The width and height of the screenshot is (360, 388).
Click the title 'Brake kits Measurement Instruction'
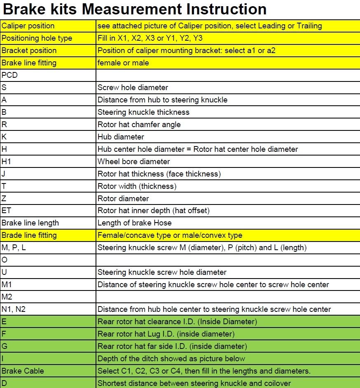pyautogui.click(x=134, y=9)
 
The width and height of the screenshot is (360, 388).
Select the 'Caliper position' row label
pyautogui.click(x=28, y=26)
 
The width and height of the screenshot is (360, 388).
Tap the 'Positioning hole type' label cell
pyautogui.click(x=37, y=38)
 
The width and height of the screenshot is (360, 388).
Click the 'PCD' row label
pyautogui.click(x=9, y=75)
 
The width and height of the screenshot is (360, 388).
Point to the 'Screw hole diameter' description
pyautogui.click(x=133, y=88)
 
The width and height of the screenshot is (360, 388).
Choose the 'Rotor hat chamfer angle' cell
pyautogui.click(x=139, y=124)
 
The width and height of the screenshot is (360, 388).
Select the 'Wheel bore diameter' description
pyautogui.click(x=133, y=161)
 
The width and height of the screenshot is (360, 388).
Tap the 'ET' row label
pyautogui.click(x=7, y=211)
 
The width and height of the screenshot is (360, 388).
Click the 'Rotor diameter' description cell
pyautogui.click(x=123, y=198)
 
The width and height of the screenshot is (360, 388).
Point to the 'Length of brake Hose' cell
pyautogui.click(x=134, y=223)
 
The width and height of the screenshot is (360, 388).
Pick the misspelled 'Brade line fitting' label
pyautogui.click(x=29, y=235)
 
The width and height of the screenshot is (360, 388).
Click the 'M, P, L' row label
pyautogui.click(x=14, y=248)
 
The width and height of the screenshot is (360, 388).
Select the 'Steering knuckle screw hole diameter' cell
pyautogui.click(x=162, y=272)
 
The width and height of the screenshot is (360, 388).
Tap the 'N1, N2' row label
pyautogui.click(x=14, y=309)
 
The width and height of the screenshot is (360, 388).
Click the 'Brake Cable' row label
pyautogui.click(x=23, y=371)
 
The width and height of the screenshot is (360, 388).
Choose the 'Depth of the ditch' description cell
pyautogui.click(x=171, y=358)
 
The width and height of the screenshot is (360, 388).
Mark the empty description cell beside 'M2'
pyautogui.click(x=228, y=297)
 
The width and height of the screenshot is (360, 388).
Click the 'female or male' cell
pyautogui.click(x=123, y=63)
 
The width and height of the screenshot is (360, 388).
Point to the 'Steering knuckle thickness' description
pyautogui.click(x=143, y=112)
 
